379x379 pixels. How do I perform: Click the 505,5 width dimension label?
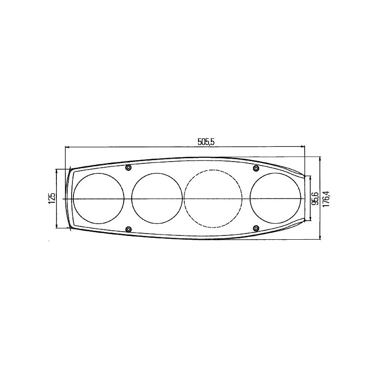click(x=206, y=142)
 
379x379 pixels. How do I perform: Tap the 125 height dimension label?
click(x=52, y=198)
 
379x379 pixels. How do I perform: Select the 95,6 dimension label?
click(x=315, y=198)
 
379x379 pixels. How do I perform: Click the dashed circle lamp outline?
click(x=213, y=169)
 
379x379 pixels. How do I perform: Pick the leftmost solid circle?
click(x=99, y=173)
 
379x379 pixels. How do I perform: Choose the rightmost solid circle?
click(x=276, y=173)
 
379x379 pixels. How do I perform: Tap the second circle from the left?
click(x=157, y=173)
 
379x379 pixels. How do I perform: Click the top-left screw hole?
click(x=129, y=168)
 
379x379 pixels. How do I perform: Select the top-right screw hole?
click(x=256, y=168)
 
